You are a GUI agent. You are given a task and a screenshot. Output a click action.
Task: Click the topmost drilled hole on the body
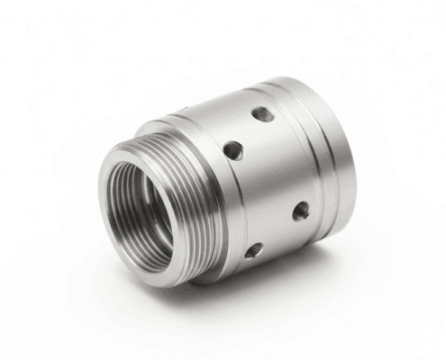[261, 114]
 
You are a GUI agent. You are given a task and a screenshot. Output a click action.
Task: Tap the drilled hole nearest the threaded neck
[232, 150]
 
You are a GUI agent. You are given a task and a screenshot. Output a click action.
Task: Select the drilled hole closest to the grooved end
[300, 211]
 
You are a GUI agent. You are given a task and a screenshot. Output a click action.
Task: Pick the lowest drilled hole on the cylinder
[255, 249]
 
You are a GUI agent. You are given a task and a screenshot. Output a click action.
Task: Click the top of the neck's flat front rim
[135, 149]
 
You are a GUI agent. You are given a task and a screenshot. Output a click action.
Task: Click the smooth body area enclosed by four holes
[266, 180]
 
